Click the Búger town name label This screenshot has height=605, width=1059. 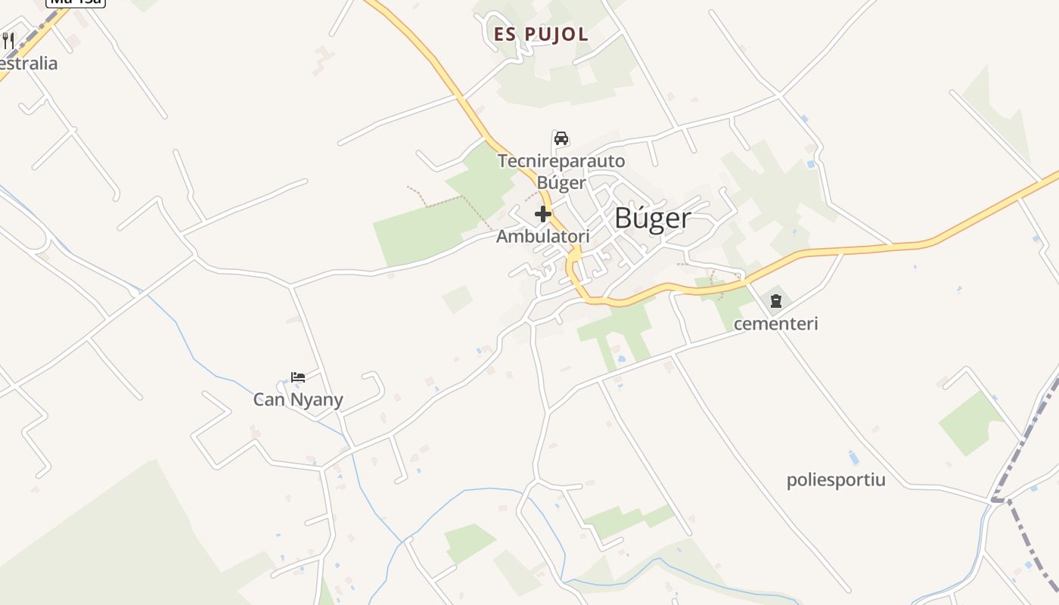tap(652, 219)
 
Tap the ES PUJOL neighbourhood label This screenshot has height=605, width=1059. tap(541, 35)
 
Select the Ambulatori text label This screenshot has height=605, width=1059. tap(542, 237)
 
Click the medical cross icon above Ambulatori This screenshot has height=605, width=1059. tap(543, 214)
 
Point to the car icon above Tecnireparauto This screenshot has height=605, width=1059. tap(561, 138)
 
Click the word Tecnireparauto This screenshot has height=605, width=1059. tap(561, 160)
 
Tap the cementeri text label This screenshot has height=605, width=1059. tap(776, 324)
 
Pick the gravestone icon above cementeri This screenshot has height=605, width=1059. tap(776, 301)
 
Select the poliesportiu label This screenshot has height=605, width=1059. tap(836, 480)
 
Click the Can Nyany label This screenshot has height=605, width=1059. tap(298, 399)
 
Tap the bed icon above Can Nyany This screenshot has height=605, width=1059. tap(298, 377)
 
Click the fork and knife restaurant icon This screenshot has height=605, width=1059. tap(8, 40)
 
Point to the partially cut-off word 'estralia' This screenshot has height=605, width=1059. tap(29, 64)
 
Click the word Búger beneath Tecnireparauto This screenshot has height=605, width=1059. tap(561, 182)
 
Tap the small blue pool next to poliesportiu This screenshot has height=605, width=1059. tap(854, 458)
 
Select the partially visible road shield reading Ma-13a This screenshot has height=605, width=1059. tap(76, 2)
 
